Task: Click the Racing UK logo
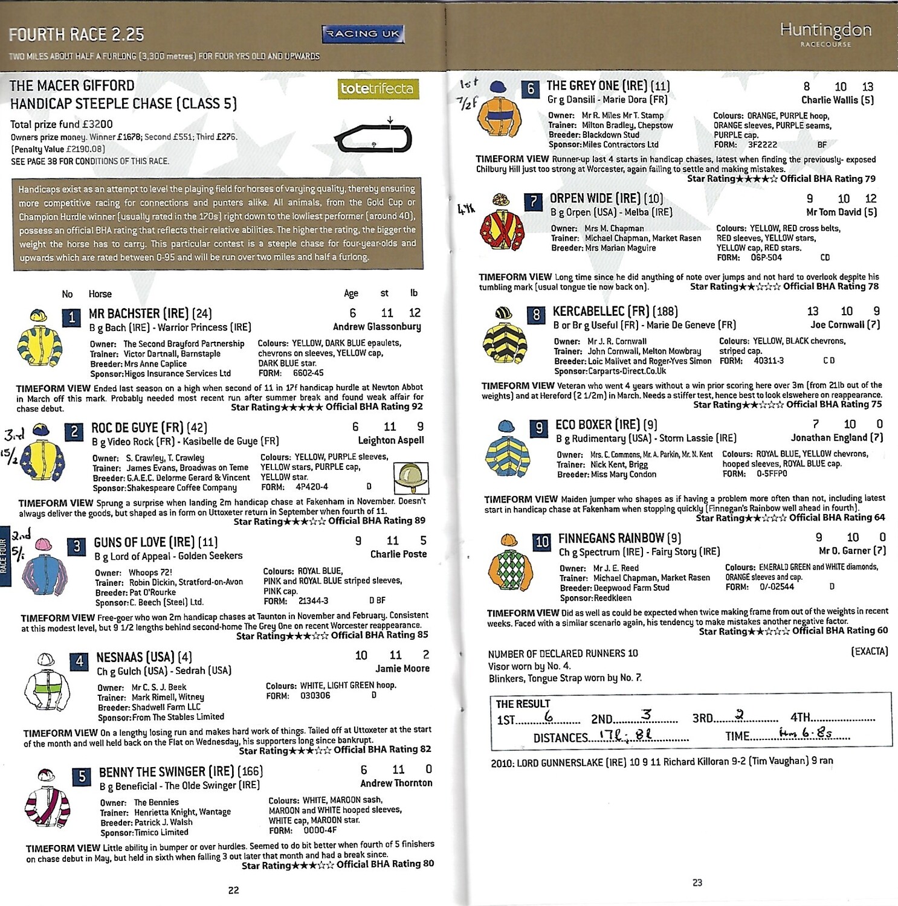click(363, 34)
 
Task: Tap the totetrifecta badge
click(378, 89)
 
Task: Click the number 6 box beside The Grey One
click(531, 89)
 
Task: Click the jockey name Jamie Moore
click(402, 669)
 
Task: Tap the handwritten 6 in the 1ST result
click(549, 716)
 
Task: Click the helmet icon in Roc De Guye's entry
click(411, 478)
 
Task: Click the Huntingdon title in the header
click(825, 30)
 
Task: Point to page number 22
click(233, 890)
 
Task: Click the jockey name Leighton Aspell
click(391, 440)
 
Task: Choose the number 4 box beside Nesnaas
click(79, 661)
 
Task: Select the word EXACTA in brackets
click(869, 651)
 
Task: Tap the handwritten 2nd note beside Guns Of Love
click(21, 535)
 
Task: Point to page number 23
click(697, 882)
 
